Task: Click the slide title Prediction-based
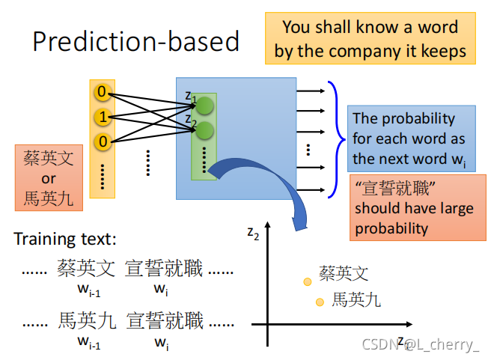[x=135, y=40]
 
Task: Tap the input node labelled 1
[x=101, y=118]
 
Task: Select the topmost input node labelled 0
[x=101, y=94]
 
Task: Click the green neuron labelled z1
[x=205, y=106]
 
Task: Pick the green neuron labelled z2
[x=205, y=131]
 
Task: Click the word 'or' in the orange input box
[x=49, y=179]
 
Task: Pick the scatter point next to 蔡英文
[x=307, y=281]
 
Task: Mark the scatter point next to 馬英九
[x=320, y=302]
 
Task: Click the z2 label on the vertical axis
[x=253, y=232]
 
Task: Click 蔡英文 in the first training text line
[x=87, y=267]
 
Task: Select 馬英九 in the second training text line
[x=87, y=322]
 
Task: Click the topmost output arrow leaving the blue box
[x=311, y=92]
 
